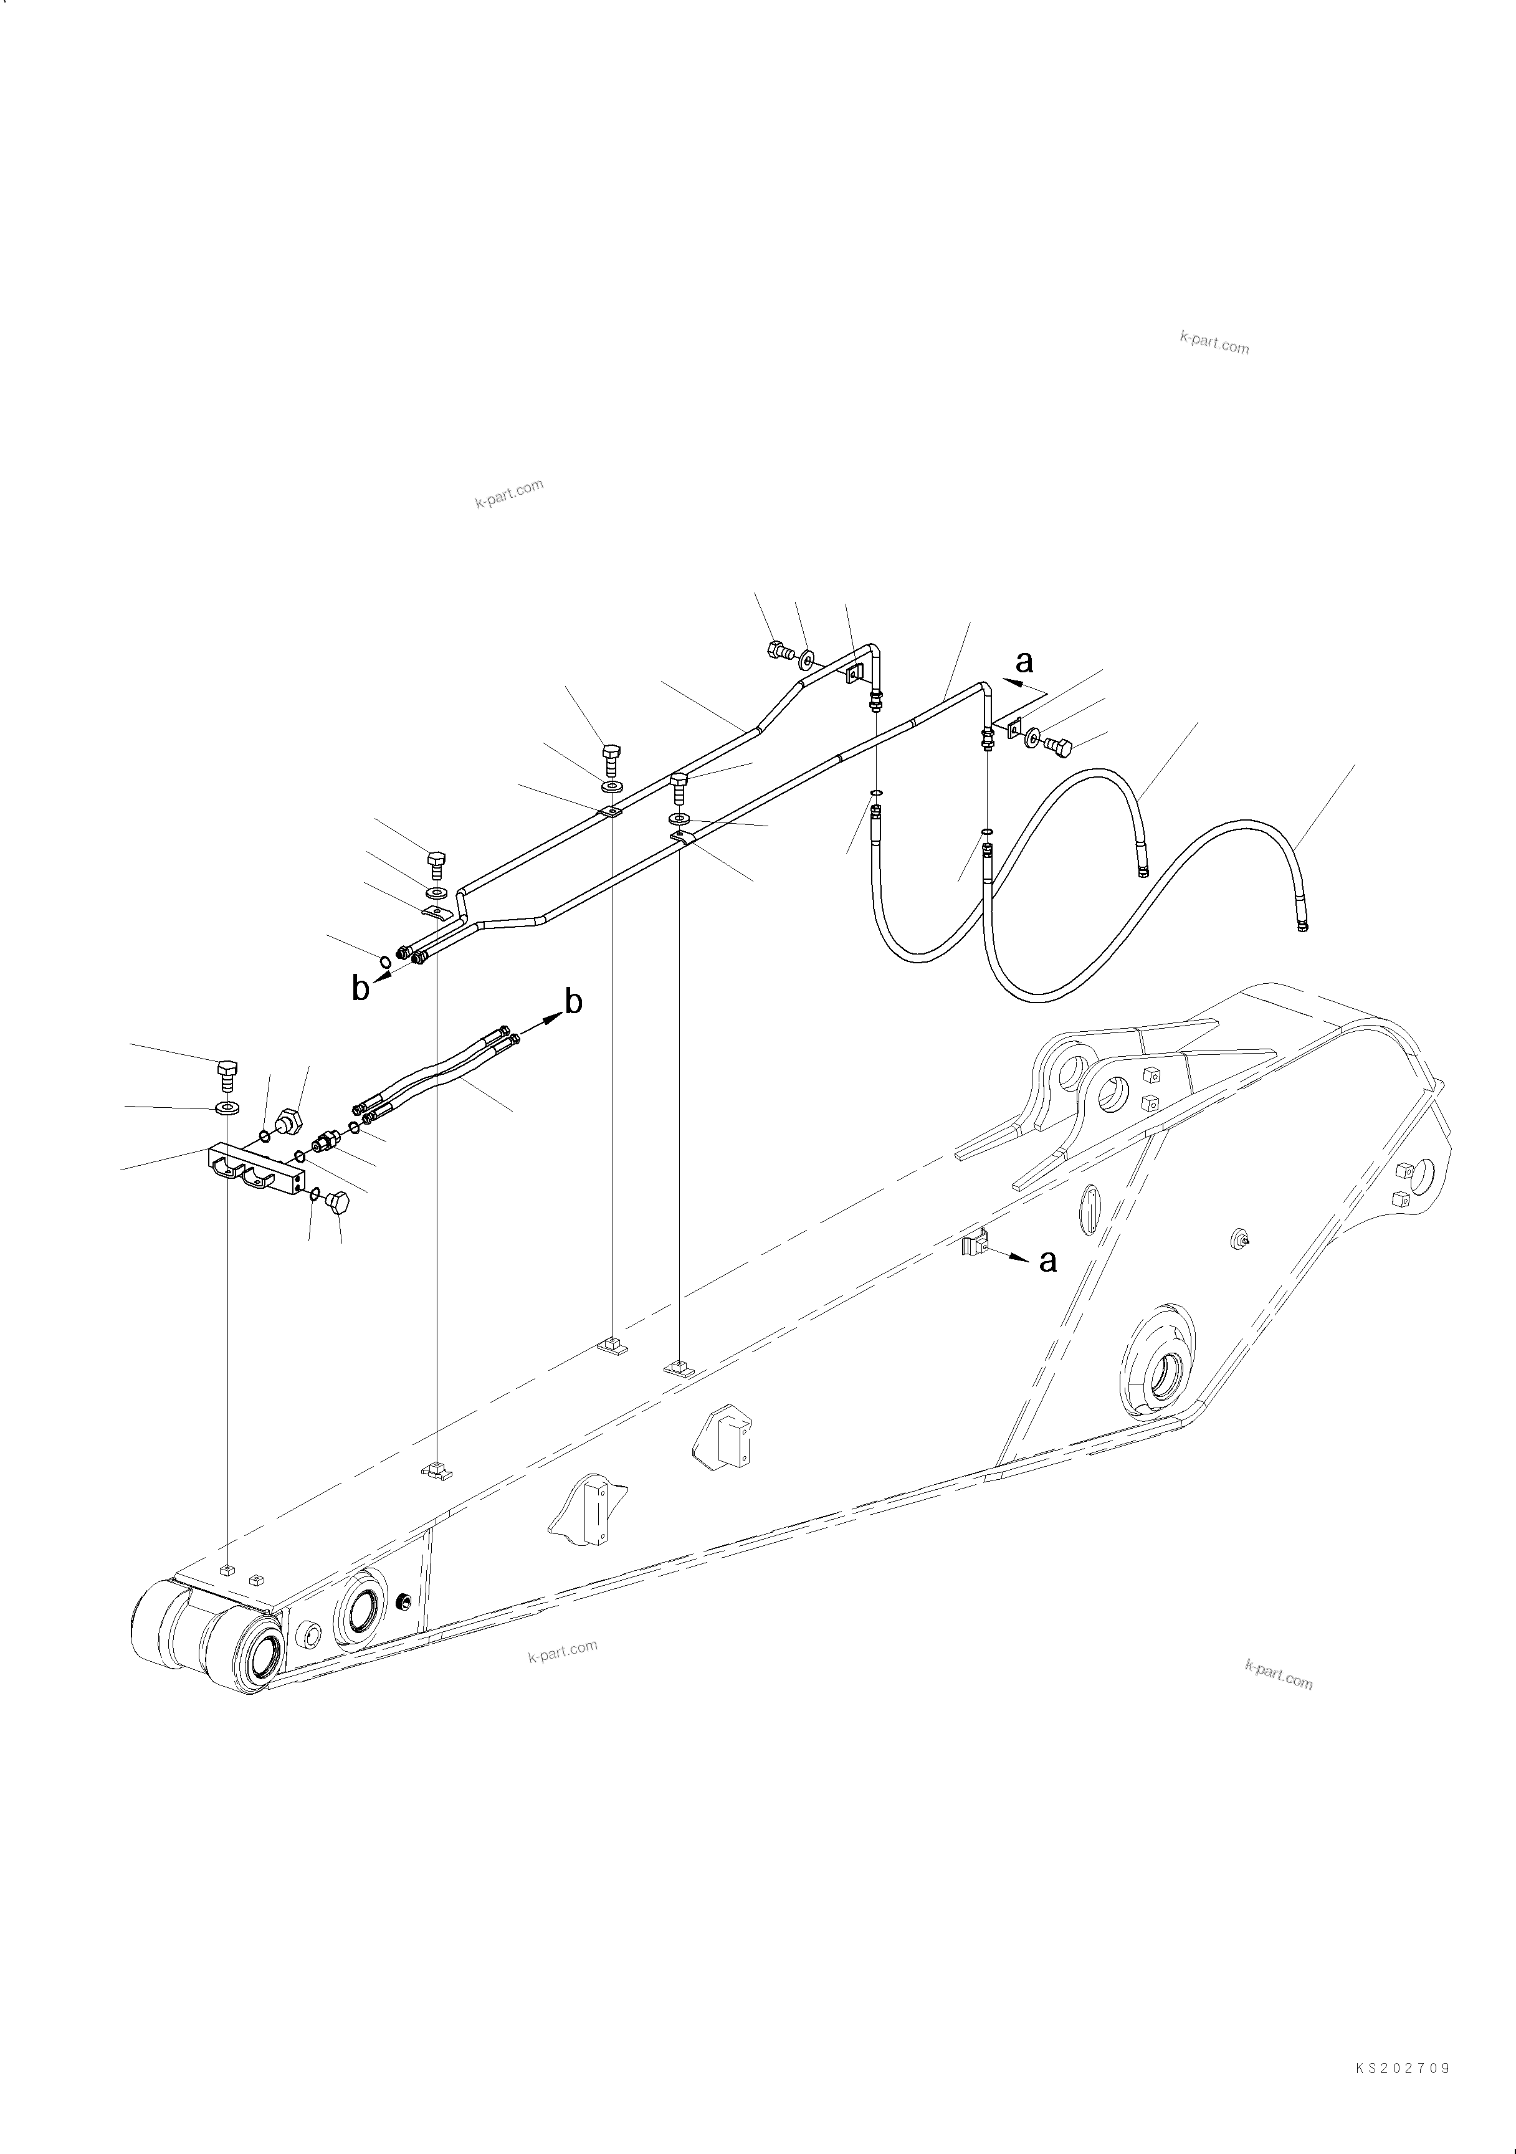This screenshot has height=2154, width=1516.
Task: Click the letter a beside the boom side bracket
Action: coord(1048,1261)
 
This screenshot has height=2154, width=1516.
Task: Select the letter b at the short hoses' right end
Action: coord(573,1002)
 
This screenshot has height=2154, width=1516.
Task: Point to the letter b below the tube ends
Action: coord(360,988)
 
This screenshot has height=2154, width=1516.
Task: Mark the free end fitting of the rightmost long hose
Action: coord(1302,927)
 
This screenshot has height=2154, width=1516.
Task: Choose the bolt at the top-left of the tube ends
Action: coord(436,861)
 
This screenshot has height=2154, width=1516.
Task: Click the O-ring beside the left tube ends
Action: coord(384,959)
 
